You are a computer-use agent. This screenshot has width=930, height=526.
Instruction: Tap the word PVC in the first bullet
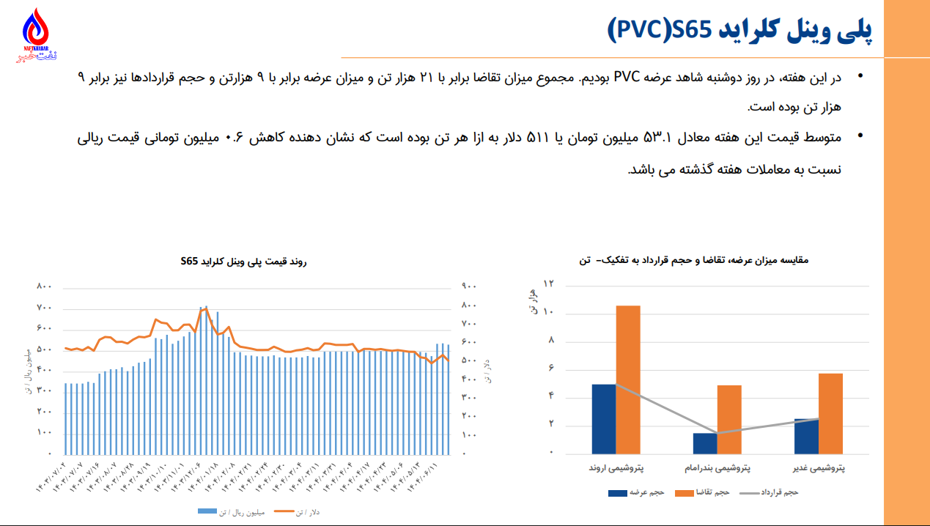(630, 78)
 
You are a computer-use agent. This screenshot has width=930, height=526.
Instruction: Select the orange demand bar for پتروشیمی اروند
(627, 379)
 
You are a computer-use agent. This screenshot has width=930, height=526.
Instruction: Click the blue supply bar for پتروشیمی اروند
(603, 418)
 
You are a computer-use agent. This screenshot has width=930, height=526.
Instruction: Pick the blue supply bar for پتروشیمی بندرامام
(705, 442)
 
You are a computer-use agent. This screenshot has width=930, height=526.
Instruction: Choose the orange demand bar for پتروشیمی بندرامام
(729, 419)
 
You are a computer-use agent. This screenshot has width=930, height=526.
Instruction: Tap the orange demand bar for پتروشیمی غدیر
(830, 413)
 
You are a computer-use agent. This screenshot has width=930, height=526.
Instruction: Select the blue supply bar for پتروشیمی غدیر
(806, 436)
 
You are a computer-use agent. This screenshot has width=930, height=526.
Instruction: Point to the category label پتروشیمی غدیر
(819, 467)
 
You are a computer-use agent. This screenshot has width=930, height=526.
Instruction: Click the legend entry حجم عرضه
(646, 492)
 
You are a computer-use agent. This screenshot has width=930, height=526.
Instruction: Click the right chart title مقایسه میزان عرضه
(704, 260)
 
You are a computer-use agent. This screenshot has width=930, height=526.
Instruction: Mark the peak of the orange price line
(206, 308)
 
